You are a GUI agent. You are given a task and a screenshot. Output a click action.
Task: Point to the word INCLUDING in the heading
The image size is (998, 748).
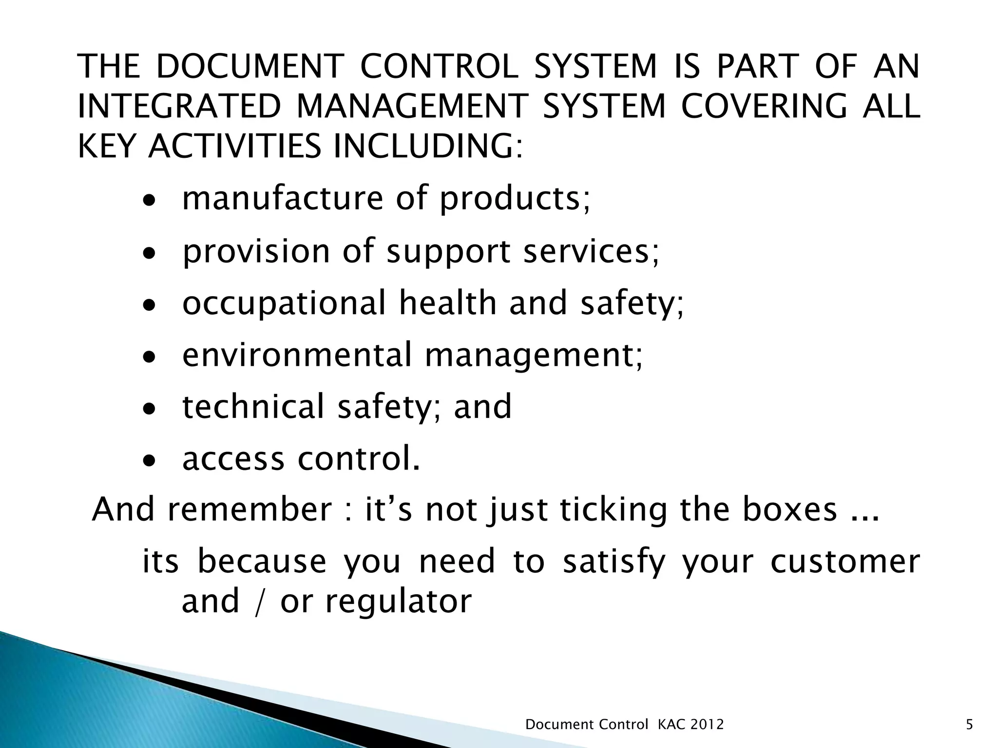pos(422,146)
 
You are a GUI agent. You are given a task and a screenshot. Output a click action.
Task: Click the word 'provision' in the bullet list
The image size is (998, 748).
pos(256,251)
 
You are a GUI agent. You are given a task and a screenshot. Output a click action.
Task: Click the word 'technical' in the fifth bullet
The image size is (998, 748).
pos(253,407)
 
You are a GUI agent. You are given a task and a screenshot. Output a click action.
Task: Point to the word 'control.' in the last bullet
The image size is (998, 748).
pos(359,459)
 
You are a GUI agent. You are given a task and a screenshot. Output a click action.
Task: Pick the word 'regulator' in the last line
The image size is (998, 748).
pos(398,602)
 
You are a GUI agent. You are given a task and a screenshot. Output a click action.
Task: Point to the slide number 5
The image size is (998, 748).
pos(969,725)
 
